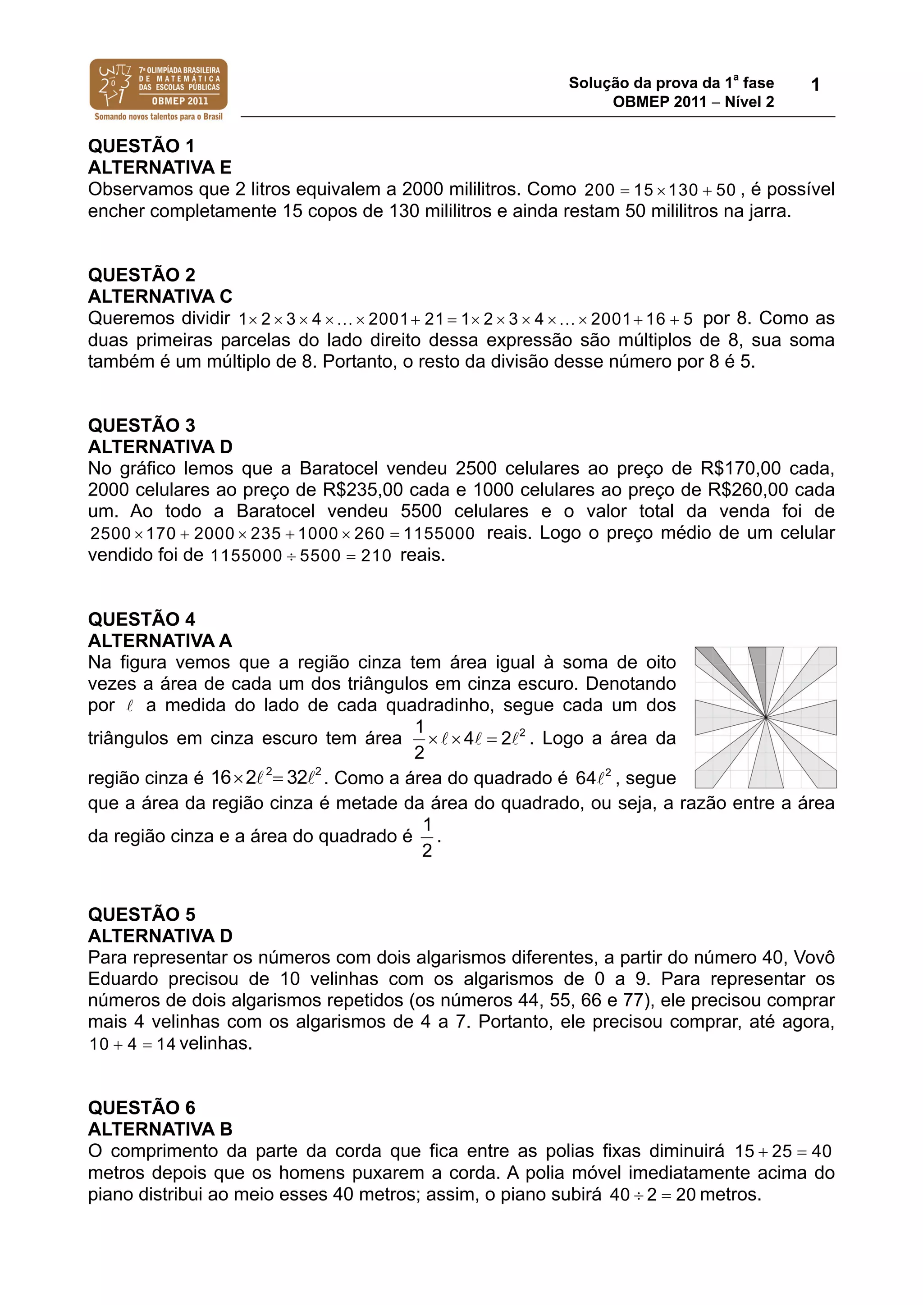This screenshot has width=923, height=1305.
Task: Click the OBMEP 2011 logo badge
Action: pos(158,85)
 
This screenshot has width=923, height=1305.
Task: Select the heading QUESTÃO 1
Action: pos(141,146)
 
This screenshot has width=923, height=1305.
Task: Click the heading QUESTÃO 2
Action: pos(141,275)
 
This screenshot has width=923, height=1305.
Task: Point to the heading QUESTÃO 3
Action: pos(141,425)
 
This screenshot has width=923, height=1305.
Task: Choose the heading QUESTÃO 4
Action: pos(141,619)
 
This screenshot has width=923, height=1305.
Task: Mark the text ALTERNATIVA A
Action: pos(160,641)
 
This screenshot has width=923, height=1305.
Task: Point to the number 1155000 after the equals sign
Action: pos(439,534)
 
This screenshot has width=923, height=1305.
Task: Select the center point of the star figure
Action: pos(766,718)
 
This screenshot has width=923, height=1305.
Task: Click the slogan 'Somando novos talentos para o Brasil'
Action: pos(158,117)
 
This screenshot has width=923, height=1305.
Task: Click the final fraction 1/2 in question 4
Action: pos(427,837)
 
